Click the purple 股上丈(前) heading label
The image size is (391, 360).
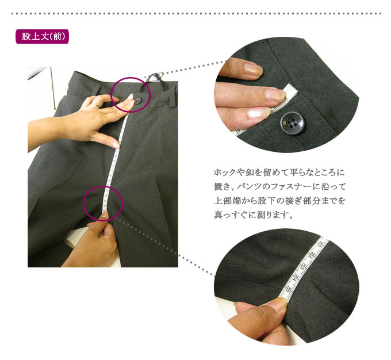42,36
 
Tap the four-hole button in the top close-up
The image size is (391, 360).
292,123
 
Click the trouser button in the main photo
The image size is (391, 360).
139,101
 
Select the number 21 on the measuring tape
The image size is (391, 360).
322,242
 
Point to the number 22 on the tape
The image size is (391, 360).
312,255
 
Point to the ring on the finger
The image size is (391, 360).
95,104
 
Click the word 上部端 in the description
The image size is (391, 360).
228,201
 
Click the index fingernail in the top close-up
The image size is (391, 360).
275,94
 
